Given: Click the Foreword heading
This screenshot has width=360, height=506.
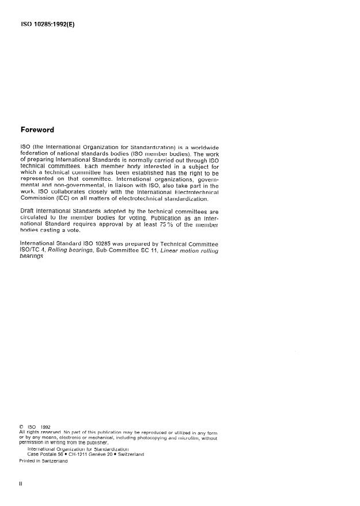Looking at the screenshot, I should pos(37,130).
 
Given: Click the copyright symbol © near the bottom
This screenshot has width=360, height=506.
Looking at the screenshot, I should pos(22,427).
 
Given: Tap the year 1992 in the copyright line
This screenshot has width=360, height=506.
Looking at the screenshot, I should pos(47,427).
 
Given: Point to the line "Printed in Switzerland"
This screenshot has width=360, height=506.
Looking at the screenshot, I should pos(44,461).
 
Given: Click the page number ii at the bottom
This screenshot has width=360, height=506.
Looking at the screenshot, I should pos(21,484).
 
